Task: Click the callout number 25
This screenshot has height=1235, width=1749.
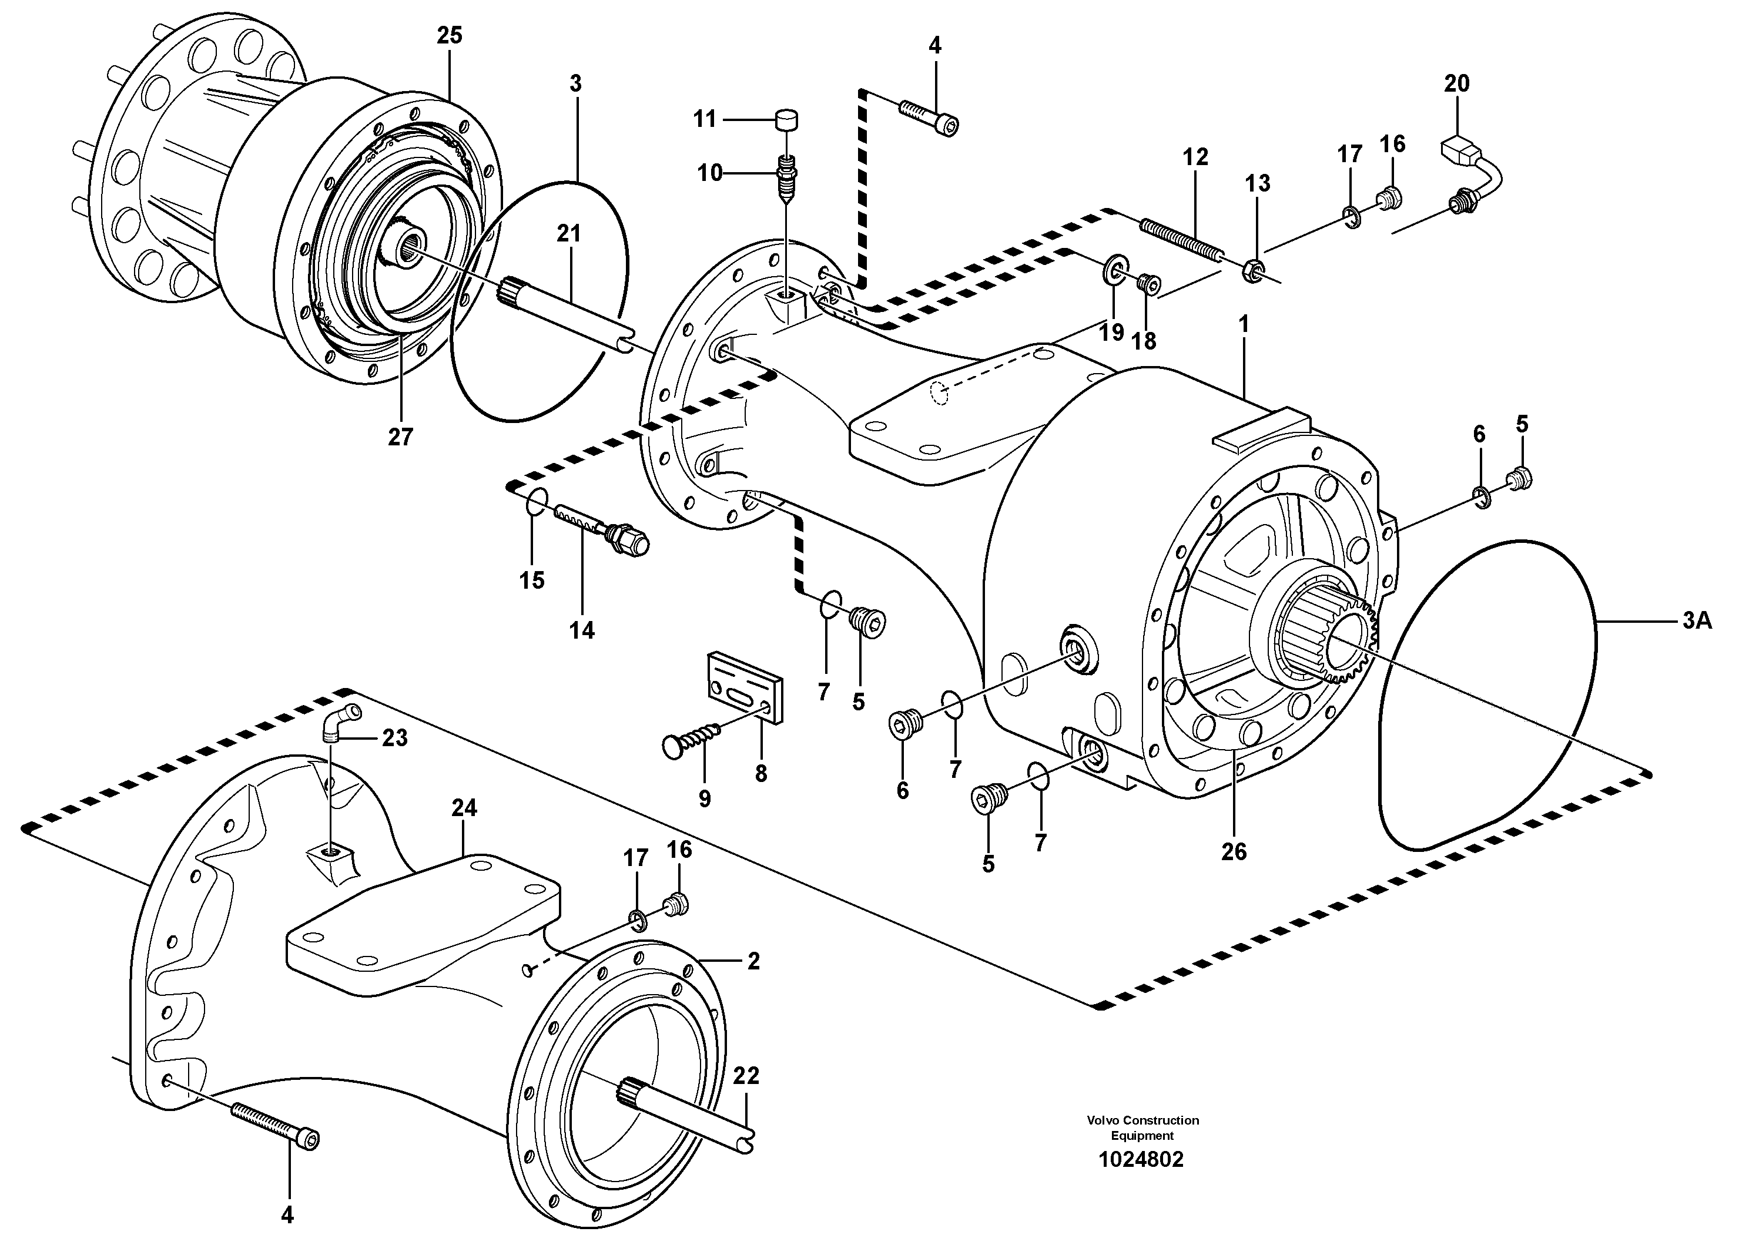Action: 450,36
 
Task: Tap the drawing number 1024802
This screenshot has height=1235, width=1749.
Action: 1141,1160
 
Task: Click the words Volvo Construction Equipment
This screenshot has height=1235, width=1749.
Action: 1142,1127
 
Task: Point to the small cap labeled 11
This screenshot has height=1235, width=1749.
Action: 785,120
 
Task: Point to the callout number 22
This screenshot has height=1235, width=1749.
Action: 746,1076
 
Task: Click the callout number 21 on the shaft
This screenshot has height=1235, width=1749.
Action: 568,234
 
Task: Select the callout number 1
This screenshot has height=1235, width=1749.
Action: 1243,325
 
